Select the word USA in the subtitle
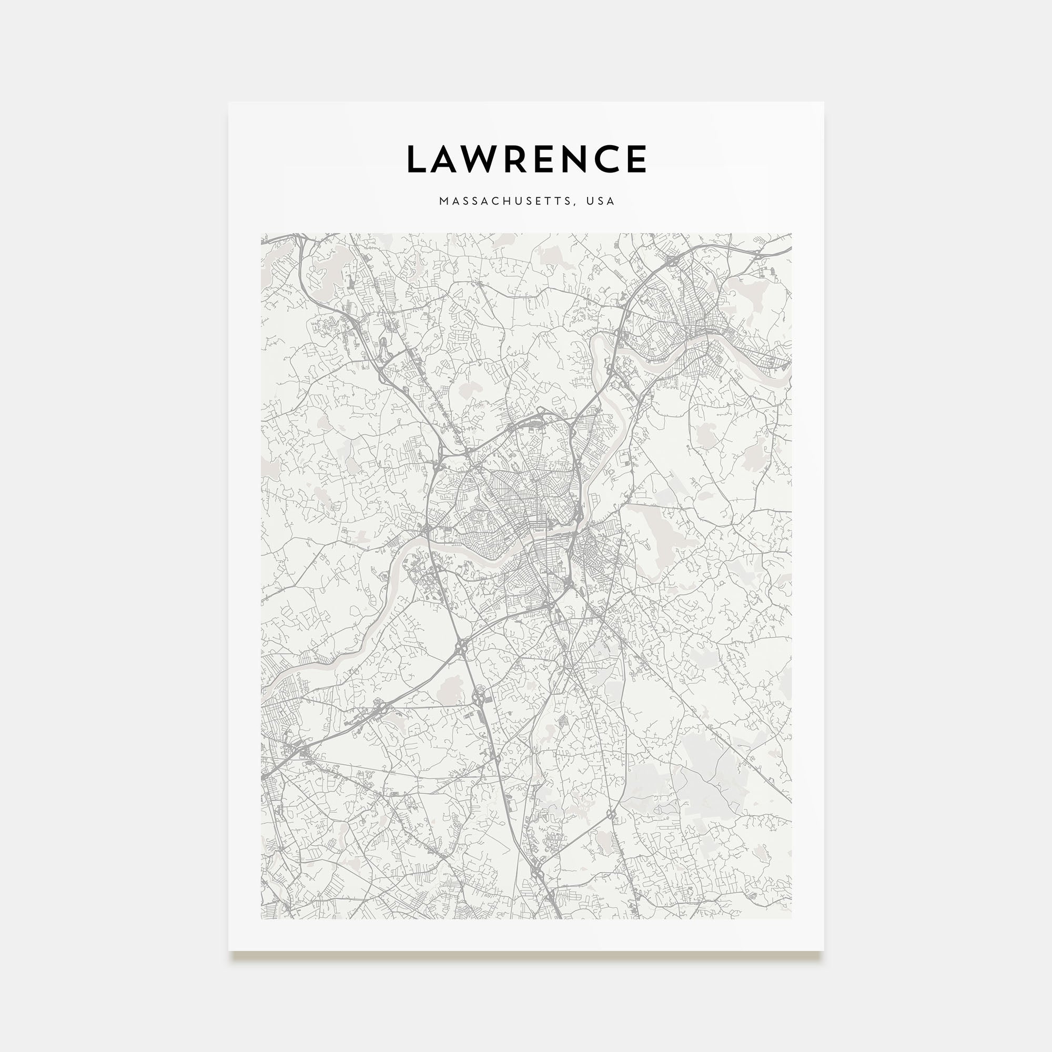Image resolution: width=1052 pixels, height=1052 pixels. tap(601, 201)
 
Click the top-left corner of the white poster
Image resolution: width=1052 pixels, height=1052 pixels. tap(229, 103)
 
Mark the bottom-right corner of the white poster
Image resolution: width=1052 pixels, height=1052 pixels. tap(823, 950)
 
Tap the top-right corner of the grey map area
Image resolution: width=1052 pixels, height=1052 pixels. tap(791, 234)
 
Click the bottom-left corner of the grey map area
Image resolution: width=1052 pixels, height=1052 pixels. tap(261, 919)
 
